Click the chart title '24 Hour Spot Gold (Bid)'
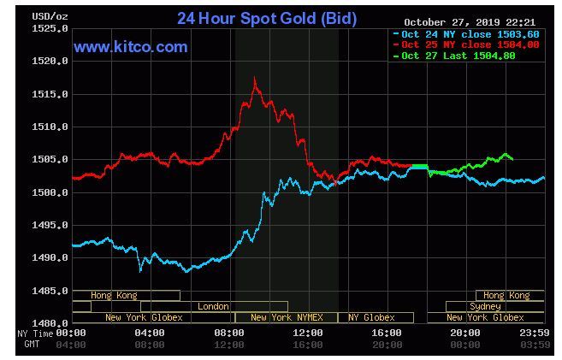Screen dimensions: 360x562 click(267, 18)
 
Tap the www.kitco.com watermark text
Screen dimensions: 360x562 click(130, 47)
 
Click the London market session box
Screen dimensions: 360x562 click(214, 306)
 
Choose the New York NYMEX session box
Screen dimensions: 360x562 click(286, 317)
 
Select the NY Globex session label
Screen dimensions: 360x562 click(370, 317)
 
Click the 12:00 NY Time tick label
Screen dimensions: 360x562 click(308, 332)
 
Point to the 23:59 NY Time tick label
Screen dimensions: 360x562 click(535, 332)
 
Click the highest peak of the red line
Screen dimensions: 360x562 click(255, 79)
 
